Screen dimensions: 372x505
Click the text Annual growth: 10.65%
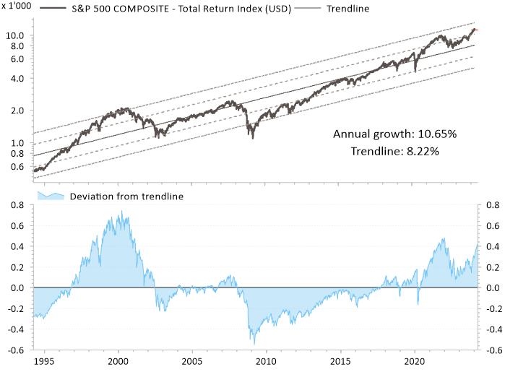(394, 134)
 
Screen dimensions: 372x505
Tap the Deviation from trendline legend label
(126, 196)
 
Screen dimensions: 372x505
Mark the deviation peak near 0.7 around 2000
(121, 212)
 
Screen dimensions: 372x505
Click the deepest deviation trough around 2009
(252, 342)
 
